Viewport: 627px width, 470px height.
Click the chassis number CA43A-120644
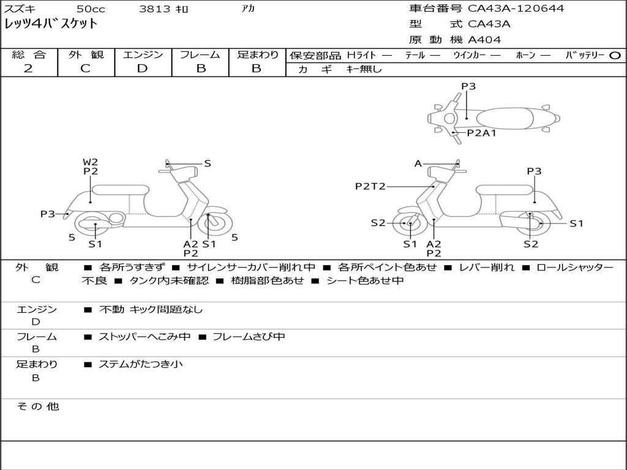tap(516, 9)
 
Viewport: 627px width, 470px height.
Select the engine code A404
tap(484, 40)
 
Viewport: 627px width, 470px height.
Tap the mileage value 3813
tap(154, 9)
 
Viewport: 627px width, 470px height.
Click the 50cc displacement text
tap(91, 9)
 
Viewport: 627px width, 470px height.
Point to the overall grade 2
tap(28, 69)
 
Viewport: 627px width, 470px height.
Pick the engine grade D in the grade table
tap(142, 69)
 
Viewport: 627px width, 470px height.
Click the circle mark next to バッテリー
tap(615, 56)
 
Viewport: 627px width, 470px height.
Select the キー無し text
tap(364, 69)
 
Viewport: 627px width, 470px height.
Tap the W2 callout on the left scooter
tap(91, 162)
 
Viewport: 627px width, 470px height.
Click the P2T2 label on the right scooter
tap(370, 186)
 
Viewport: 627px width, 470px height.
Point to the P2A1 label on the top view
tap(481, 133)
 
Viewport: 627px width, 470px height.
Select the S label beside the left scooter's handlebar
tap(207, 163)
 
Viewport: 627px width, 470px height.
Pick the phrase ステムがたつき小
tap(141, 364)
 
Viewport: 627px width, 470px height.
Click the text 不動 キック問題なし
tap(151, 309)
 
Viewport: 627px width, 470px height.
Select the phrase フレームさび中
tap(249, 337)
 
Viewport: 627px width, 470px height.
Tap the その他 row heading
tap(37, 406)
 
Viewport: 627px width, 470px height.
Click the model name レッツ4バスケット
tap(51, 24)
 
